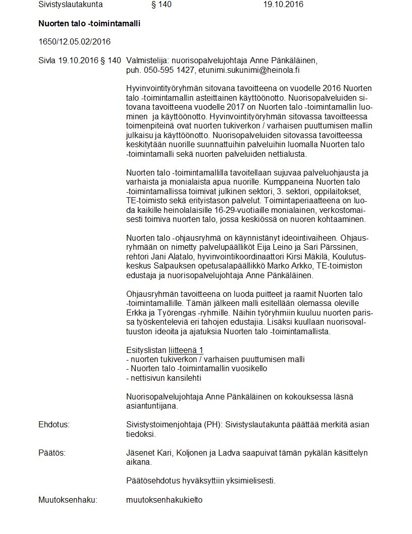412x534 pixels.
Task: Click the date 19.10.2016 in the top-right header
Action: (283, 5)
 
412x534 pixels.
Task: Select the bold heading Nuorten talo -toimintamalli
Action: (89, 24)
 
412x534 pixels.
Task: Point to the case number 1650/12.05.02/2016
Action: (74, 41)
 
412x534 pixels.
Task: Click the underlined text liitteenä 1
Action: (186, 350)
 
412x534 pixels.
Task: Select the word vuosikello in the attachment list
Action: (248, 369)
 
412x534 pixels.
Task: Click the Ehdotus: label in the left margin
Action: (54, 425)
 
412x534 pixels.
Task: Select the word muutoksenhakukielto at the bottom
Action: (164, 500)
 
